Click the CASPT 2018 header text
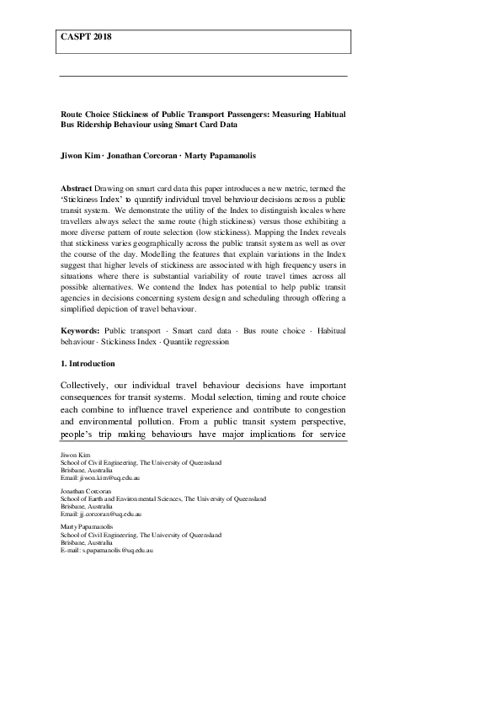click(86, 38)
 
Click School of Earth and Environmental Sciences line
click(161, 498)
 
